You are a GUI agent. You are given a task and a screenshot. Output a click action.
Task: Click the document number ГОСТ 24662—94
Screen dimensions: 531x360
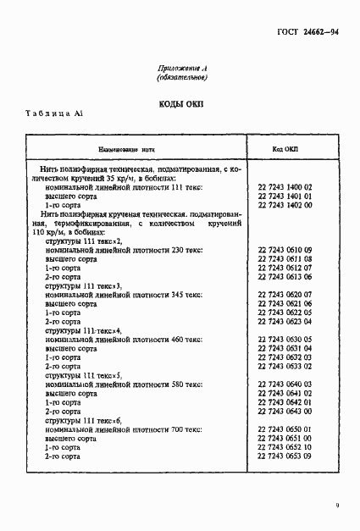[x=308, y=30]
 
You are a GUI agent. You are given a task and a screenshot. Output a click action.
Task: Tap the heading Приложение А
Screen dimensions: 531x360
[x=183, y=67]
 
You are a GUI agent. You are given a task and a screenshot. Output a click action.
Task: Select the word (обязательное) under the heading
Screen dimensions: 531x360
[x=183, y=78]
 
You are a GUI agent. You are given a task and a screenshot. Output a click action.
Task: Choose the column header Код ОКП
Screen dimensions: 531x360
[x=285, y=147]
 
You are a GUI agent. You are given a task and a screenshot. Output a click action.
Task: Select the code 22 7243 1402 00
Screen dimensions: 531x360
[x=285, y=205]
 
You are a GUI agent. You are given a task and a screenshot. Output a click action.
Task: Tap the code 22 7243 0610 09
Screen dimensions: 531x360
[x=285, y=250]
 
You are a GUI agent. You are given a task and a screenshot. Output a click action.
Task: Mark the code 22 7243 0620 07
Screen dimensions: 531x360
[x=285, y=294]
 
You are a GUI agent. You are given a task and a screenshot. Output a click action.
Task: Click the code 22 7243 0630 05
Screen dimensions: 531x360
[x=285, y=339]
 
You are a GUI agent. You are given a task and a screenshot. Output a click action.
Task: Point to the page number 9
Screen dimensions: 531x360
[x=336, y=506]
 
